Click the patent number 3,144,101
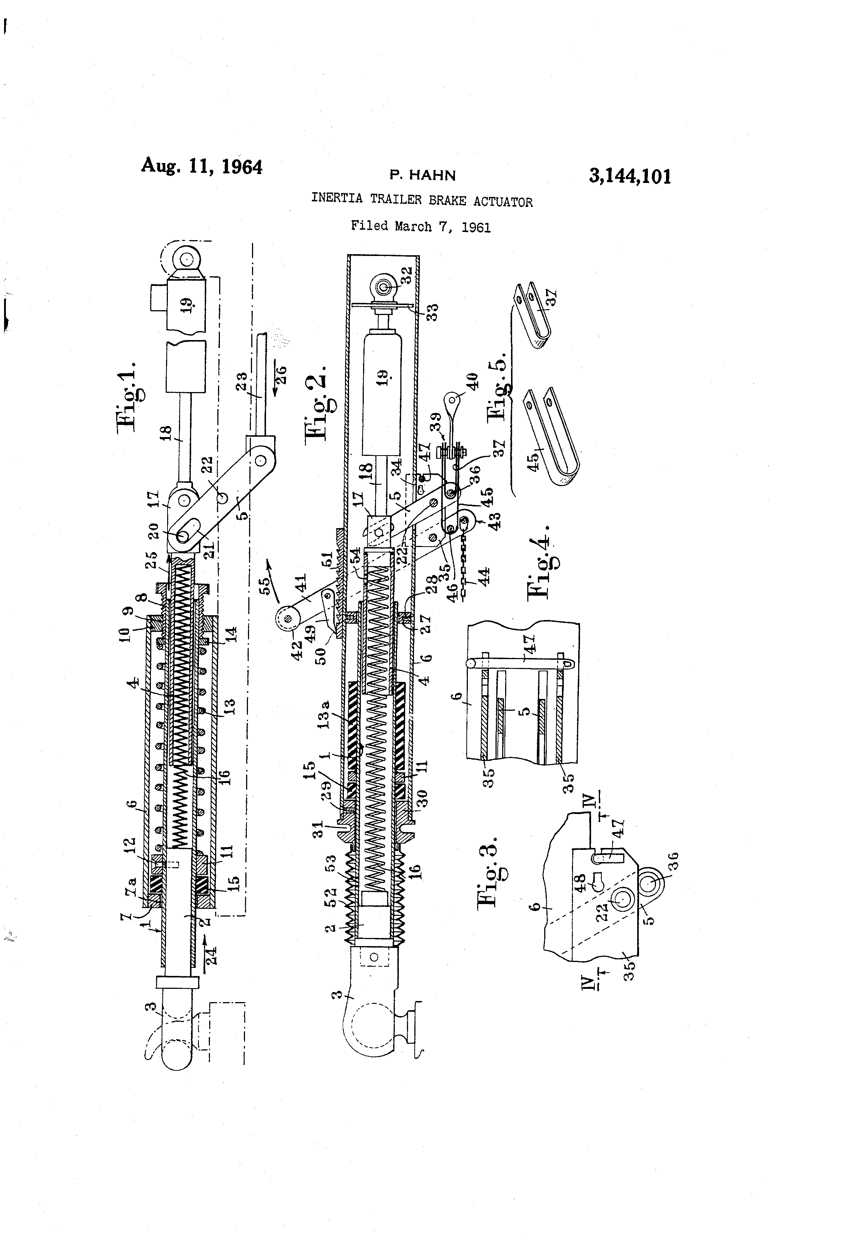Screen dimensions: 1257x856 tap(630, 176)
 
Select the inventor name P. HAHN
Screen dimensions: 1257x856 tap(422, 175)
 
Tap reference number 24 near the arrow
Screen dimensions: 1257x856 tap(211, 955)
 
